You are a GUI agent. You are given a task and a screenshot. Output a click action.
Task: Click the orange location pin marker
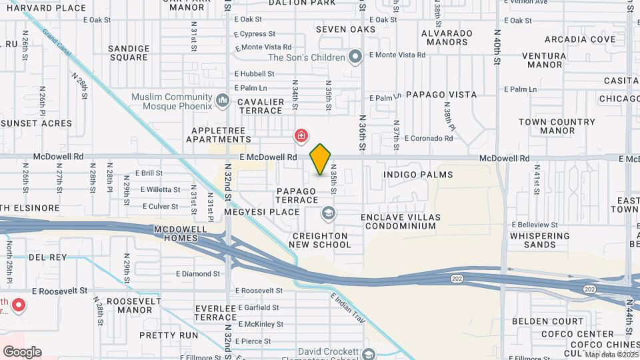[320, 159]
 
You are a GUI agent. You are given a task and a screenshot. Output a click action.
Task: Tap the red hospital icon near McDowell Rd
[301, 137]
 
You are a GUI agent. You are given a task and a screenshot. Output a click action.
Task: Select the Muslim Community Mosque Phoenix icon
[223, 101]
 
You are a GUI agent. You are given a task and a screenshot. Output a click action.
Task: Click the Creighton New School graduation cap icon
[327, 213]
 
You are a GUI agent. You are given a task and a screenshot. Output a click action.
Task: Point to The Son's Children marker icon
[355, 57]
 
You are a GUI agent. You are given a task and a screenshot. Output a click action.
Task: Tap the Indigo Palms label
[418, 175]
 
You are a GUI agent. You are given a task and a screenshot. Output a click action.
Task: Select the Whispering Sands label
[540, 240]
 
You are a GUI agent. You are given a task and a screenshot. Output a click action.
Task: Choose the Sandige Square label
[129, 53]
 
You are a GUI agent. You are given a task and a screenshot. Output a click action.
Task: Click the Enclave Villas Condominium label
[398, 221]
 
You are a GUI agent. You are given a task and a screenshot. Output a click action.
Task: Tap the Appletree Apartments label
[221, 135]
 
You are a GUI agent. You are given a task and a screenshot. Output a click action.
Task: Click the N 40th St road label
[497, 47]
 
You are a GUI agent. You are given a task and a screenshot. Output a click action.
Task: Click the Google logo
[22, 351]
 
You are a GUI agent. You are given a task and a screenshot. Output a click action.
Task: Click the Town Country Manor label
[557, 127]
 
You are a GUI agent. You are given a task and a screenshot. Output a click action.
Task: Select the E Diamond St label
[198, 273]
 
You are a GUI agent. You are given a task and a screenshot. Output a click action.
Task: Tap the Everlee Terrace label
[213, 313]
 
